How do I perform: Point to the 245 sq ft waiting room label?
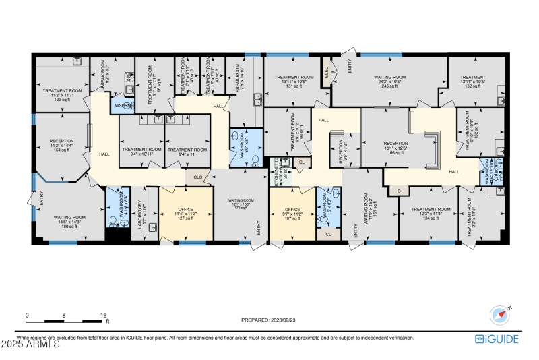coord(389,82)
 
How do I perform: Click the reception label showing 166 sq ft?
coord(395,148)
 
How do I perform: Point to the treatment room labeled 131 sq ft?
coord(294,82)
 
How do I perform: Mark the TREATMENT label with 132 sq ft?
coord(473,82)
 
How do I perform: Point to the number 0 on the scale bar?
coord(27,315)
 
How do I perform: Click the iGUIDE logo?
coord(497,339)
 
